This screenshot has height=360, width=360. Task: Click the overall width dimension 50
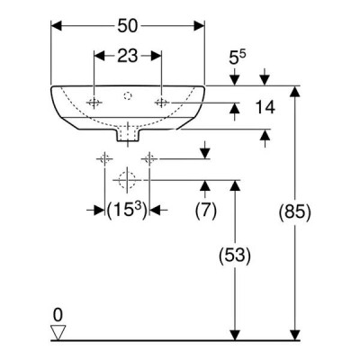[127, 26]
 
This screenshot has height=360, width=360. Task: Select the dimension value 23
[127, 56]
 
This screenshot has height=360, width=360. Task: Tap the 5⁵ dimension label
[238, 57]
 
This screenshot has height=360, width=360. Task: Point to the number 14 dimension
[265, 107]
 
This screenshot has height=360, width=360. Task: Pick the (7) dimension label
[206, 211]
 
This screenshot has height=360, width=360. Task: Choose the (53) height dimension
[235, 256]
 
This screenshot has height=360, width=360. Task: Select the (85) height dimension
[295, 213]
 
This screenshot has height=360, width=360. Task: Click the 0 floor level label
[58, 315]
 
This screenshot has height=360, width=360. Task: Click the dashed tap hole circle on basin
[128, 95]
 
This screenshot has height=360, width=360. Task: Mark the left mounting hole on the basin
[94, 103]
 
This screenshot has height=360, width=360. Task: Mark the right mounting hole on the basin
[162, 103]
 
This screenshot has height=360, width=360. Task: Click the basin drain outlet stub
[128, 136]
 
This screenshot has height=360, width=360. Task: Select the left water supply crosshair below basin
[104, 158]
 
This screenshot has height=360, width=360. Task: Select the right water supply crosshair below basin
[149, 158]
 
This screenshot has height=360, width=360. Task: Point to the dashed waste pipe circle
[128, 180]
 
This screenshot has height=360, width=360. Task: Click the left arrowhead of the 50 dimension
[57, 26]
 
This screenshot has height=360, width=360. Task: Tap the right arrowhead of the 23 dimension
[157, 56]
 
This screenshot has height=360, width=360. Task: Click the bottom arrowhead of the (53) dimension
[235, 335]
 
